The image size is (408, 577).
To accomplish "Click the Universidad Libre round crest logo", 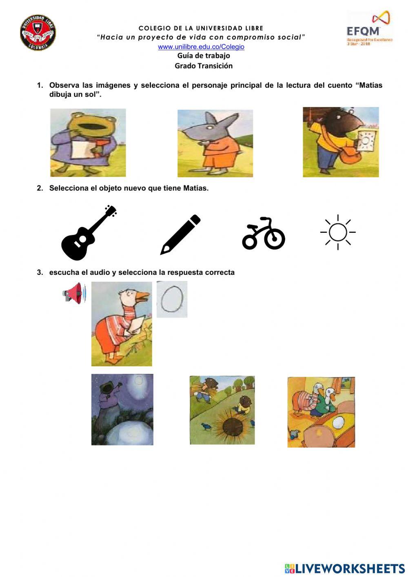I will click(38, 33).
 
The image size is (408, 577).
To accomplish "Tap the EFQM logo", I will click(369, 29).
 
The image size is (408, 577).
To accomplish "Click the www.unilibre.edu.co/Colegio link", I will click(201, 47).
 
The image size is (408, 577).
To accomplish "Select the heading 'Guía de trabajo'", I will click(204, 56).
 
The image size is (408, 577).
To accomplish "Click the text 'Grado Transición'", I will click(204, 66).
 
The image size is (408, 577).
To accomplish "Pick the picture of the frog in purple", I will click(88, 143).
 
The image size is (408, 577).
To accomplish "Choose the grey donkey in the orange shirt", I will click(215, 143).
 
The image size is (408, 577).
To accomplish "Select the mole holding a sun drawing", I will click(341, 142).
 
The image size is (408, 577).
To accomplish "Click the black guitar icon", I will click(89, 233).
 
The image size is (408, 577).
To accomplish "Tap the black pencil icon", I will click(180, 234).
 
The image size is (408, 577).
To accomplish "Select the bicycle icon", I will click(264, 234).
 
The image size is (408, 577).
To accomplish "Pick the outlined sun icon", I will click(338, 232).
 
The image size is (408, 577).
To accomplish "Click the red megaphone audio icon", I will click(75, 293).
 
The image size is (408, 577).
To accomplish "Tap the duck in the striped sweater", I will click(122, 324).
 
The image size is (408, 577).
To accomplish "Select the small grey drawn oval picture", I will click(172, 299).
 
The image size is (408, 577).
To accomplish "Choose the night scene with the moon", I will click(122, 409).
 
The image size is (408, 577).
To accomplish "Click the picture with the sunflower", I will click(222, 410).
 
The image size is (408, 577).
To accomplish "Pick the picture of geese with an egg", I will click(321, 412).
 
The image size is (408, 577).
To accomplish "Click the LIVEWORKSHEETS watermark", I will click(345, 568).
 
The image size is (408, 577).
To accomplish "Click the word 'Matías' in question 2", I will click(195, 188).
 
